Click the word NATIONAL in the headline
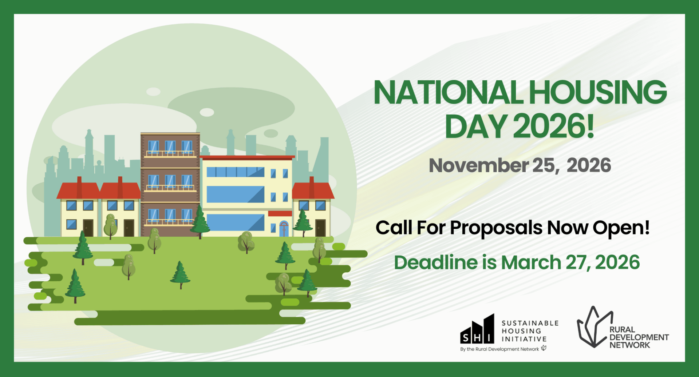449,93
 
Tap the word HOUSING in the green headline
598,93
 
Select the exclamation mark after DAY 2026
590,126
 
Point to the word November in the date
479,165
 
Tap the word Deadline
436,262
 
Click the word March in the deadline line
531,262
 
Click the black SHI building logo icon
477,329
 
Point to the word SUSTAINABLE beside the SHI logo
530,323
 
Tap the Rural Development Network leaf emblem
593,327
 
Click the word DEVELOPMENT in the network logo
639,337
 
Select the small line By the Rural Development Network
499,349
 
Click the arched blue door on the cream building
284,229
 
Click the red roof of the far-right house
313,190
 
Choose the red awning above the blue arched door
280,213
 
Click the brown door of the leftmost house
88,228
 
